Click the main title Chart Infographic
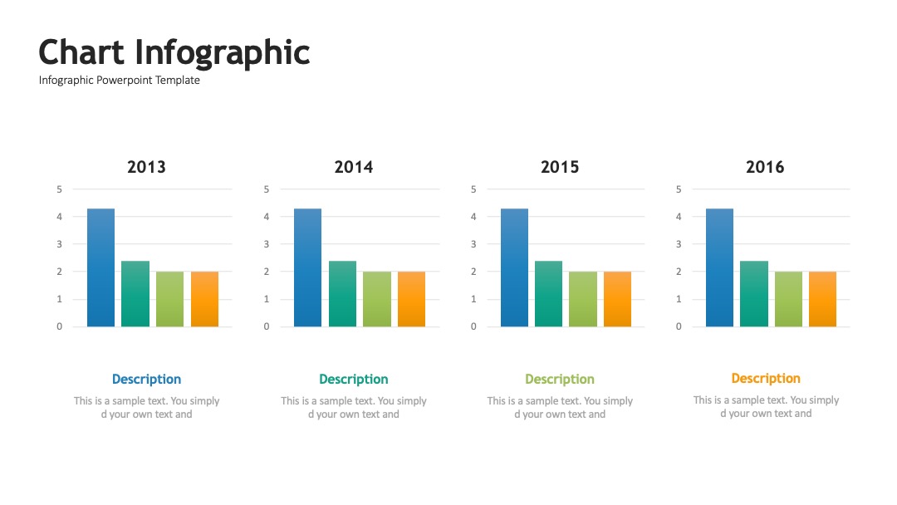pos(174,53)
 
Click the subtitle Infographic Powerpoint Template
pos(120,80)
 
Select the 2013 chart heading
pos(146,167)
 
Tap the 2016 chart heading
pos(765,167)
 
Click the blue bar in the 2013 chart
pos(100,267)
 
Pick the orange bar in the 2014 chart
pos(411,299)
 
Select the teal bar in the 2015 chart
pos(549,294)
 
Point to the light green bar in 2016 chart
pos(788,299)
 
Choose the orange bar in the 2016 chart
pos(822,299)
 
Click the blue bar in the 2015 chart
pos(514,267)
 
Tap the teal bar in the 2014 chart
pos(343,294)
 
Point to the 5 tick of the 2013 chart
pos(60,189)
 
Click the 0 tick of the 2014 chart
pos(267,326)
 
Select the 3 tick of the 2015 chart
pos(473,244)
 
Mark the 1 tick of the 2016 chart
pos(679,299)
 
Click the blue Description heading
pos(146,380)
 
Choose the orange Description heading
pos(766,379)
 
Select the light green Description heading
pos(560,380)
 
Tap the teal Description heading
pos(354,380)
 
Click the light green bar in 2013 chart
pos(170,299)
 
